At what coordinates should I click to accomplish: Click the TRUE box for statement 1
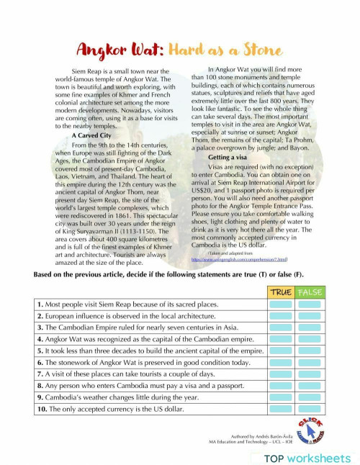coord(280,305)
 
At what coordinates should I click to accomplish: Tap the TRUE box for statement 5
coord(280,351)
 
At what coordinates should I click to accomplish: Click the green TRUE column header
coord(280,292)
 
